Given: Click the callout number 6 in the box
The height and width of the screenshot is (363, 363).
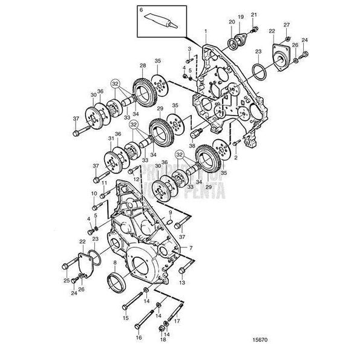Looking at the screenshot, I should click(142, 11).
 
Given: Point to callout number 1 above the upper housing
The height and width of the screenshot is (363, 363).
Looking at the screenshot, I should click(205, 30).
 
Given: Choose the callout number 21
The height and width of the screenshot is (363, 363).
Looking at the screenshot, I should click(254, 15).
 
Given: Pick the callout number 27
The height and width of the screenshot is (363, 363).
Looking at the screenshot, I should click(287, 25).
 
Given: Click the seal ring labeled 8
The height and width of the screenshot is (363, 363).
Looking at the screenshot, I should click(114, 280).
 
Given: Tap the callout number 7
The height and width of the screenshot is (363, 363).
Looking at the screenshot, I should click(191, 248).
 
